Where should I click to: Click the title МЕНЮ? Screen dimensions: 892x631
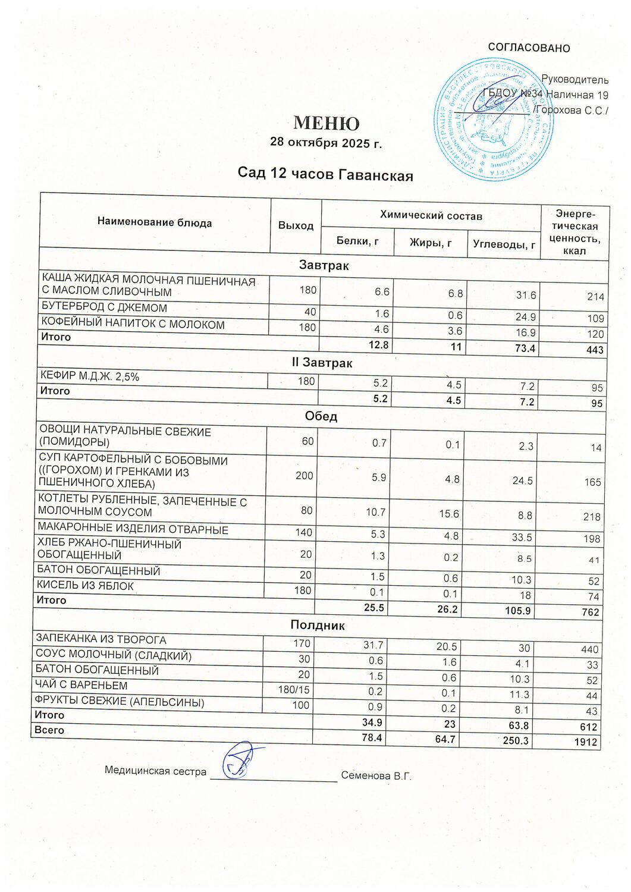(x=326, y=123)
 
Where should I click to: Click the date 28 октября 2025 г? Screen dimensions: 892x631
(x=325, y=143)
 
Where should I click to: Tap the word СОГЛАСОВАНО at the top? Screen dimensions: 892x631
(x=529, y=48)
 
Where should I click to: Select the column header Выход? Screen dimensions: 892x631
(x=296, y=226)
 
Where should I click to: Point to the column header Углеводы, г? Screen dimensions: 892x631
(x=504, y=244)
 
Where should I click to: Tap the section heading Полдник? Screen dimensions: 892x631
(x=318, y=625)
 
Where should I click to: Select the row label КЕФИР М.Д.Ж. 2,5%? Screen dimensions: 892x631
(x=89, y=376)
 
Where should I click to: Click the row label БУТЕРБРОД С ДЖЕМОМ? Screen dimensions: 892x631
(x=104, y=308)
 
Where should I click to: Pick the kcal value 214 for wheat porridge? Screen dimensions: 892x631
(x=595, y=297)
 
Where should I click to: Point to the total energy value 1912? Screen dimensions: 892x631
(x=586, y=742)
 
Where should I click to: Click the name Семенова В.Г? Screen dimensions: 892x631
(x=376, y=776)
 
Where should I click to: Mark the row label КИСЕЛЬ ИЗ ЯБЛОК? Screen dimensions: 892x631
(x=86, y=586)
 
